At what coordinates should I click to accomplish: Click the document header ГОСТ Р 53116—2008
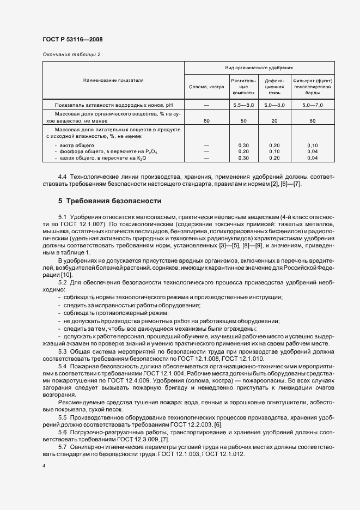[72, 40]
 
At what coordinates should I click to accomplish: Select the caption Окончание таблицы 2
[71, 54]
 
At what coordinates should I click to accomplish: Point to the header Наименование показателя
[113, 80]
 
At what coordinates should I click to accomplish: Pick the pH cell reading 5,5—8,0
[243, 104]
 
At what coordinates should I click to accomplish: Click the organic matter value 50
[243, 120]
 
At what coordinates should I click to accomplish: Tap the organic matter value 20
[274, 120]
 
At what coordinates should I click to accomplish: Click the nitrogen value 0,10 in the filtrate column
[313, 145]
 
